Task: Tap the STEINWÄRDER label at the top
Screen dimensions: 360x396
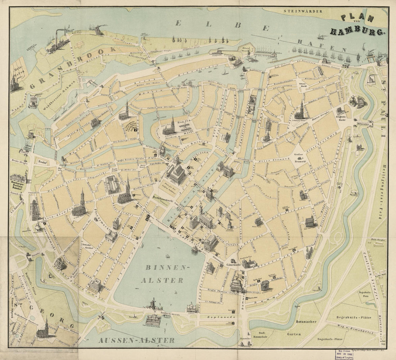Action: click(302, 11)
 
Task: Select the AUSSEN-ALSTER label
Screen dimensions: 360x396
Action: click(137, 340)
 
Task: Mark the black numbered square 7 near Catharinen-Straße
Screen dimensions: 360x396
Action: click(136, 135)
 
